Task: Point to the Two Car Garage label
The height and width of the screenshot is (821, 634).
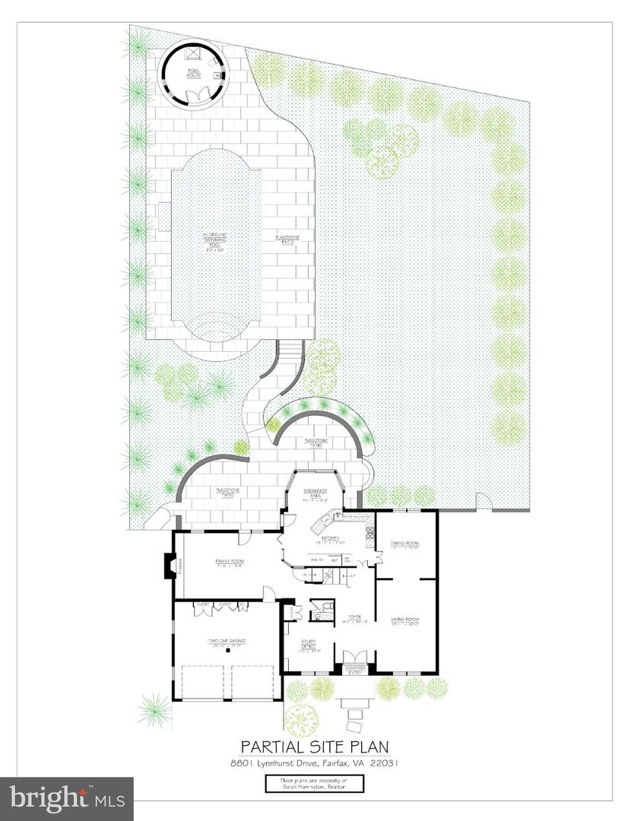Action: [227, 643]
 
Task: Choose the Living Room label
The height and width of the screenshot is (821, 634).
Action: [406, 622]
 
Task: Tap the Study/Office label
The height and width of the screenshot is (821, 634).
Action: [308, 645]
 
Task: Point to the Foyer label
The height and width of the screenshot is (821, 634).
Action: [354, 618]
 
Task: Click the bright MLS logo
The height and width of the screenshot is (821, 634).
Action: [67, 798]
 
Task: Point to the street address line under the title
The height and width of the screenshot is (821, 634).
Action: [316, 763]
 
